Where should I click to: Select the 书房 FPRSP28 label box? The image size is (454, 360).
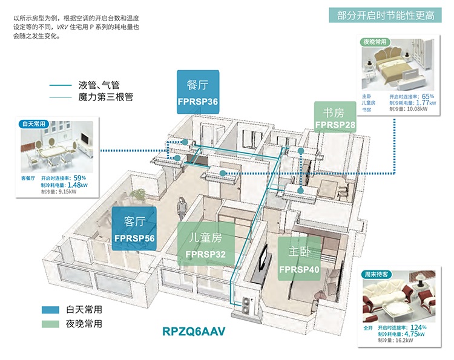[x=335, y=117]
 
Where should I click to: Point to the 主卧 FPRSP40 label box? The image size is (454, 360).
[x=299, y=259]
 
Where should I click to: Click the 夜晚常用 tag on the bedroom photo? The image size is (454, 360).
[x=375, y=42]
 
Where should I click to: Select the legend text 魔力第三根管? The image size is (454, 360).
[x=106, y=96]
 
